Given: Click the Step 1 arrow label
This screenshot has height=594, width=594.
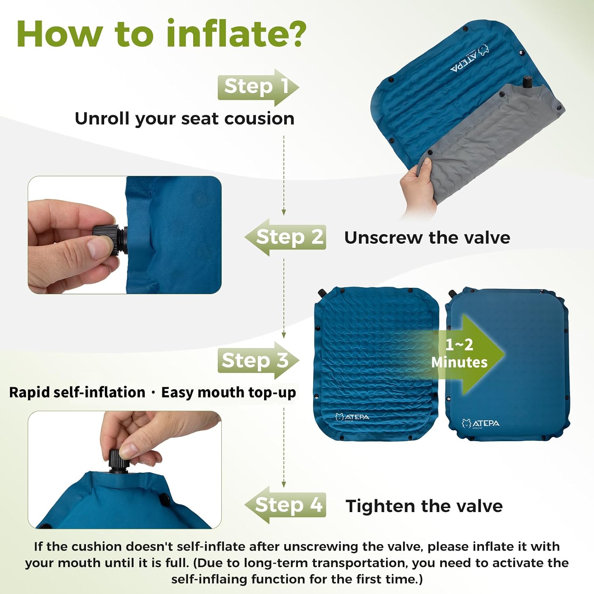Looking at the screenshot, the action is [258, 87].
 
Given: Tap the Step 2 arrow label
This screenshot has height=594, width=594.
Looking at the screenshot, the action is [286, 237].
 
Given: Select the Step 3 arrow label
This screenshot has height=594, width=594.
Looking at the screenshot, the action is [258, 360].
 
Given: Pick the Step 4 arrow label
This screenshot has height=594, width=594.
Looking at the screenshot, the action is [286, 505].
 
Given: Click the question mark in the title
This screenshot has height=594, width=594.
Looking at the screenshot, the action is [295, 33].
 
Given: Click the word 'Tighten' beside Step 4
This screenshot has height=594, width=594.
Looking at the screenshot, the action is [381, 506].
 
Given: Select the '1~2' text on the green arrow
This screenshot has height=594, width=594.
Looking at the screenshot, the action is [459, 345].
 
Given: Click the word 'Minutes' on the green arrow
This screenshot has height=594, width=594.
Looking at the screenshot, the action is [459, 362].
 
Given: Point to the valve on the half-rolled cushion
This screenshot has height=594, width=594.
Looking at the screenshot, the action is [527, 82].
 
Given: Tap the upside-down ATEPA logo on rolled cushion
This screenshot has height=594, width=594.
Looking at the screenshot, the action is [470, 59].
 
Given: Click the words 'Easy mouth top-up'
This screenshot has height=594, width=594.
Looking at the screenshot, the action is [228, 393].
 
